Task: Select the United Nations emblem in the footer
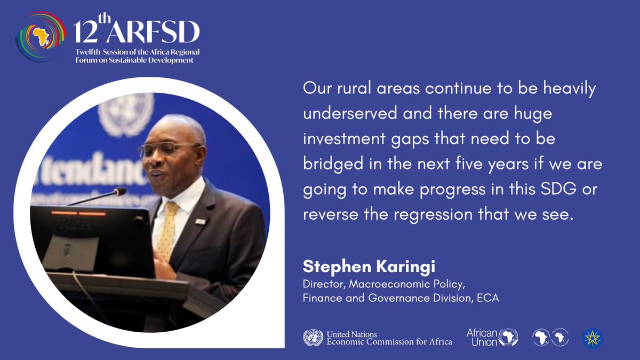point(313,337)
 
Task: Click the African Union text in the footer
point(482,337)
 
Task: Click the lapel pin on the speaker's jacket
point(200,220)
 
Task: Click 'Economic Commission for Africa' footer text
point(390,341)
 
